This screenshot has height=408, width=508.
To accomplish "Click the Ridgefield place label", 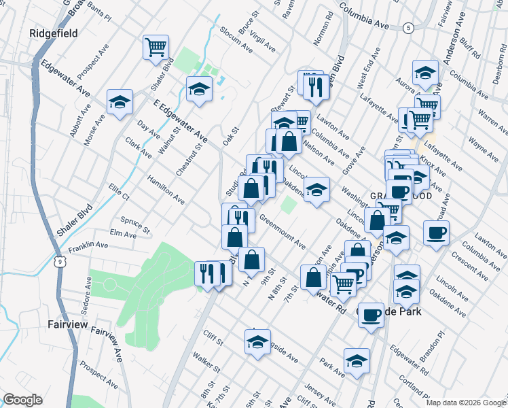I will point(53,33).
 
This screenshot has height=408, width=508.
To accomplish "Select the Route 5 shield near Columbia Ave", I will point(407,28).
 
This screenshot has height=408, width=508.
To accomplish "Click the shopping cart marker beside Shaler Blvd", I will point(156,48).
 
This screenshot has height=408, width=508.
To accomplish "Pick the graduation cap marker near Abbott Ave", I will point(120,103).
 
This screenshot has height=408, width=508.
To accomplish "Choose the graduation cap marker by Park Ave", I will point(357,360).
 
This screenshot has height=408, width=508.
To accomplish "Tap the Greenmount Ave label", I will point(281,233).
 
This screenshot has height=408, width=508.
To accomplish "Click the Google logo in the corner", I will point(22,400).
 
